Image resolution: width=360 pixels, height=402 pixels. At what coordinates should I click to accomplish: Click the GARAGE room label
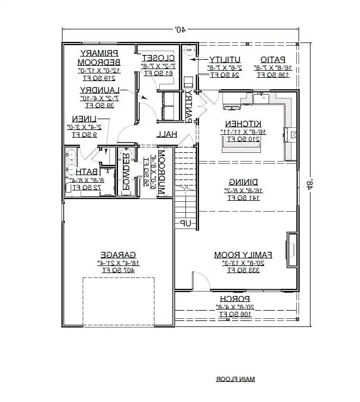(x=117, y=254)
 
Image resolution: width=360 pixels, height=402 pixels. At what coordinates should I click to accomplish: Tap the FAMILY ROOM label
(x=243, y=254)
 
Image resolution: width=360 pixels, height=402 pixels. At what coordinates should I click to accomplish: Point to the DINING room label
(x=243, y=182)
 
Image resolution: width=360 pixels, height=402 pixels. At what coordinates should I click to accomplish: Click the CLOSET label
(x=158, y=58)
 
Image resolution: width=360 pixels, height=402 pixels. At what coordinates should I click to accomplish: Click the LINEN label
(x=85, y=119)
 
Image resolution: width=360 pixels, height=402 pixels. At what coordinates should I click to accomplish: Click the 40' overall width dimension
(x=179, y=31)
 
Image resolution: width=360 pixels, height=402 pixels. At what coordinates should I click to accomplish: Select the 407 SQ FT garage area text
(x=117, y=269)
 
